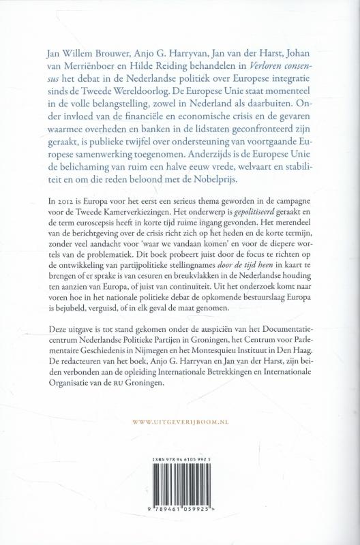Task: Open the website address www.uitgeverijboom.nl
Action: [180, 424]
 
